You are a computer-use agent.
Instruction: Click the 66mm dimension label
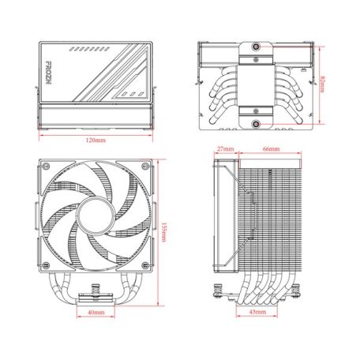271,148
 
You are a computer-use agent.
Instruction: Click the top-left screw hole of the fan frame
46,167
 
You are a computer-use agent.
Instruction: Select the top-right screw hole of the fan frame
142,167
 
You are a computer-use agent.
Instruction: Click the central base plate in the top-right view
258,85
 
